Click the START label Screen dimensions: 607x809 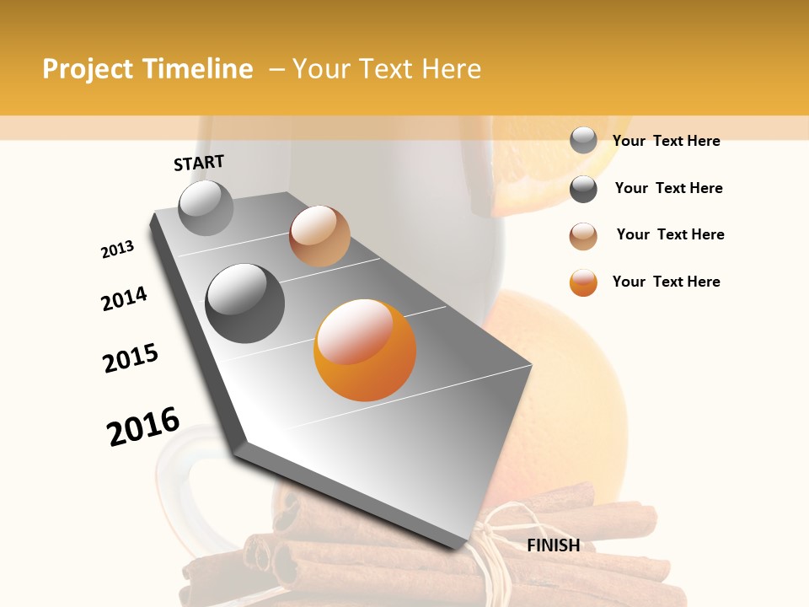199,163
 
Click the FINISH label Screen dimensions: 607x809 554,545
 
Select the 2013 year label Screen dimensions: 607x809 117,250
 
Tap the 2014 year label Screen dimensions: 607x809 124,299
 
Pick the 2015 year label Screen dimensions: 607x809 131,358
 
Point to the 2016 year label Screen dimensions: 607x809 143,427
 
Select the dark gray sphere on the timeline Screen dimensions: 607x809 245,303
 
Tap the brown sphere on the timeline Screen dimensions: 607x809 319,236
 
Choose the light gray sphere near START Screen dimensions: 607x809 206,207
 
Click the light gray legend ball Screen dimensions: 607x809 583,140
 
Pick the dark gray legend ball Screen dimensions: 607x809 583,189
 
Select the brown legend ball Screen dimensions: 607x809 583,236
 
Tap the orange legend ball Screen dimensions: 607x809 583,282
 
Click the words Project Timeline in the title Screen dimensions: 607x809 147,69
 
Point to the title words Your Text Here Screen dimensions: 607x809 387,69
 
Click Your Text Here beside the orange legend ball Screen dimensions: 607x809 666,282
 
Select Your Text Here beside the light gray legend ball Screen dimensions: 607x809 666,141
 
